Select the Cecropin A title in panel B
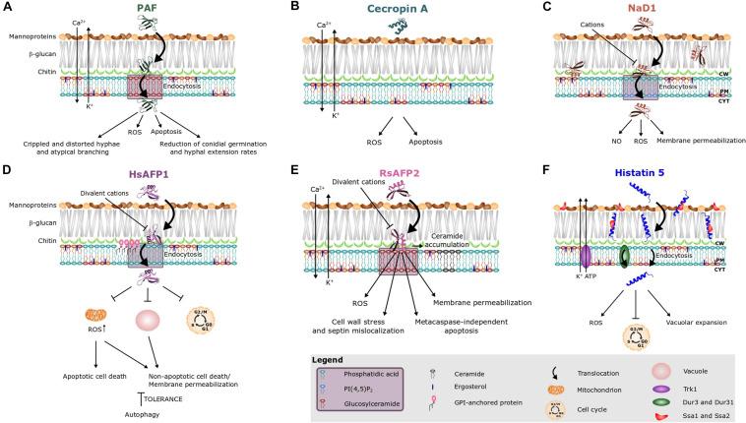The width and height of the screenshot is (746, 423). pyautogui.click(x=377, y=8)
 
